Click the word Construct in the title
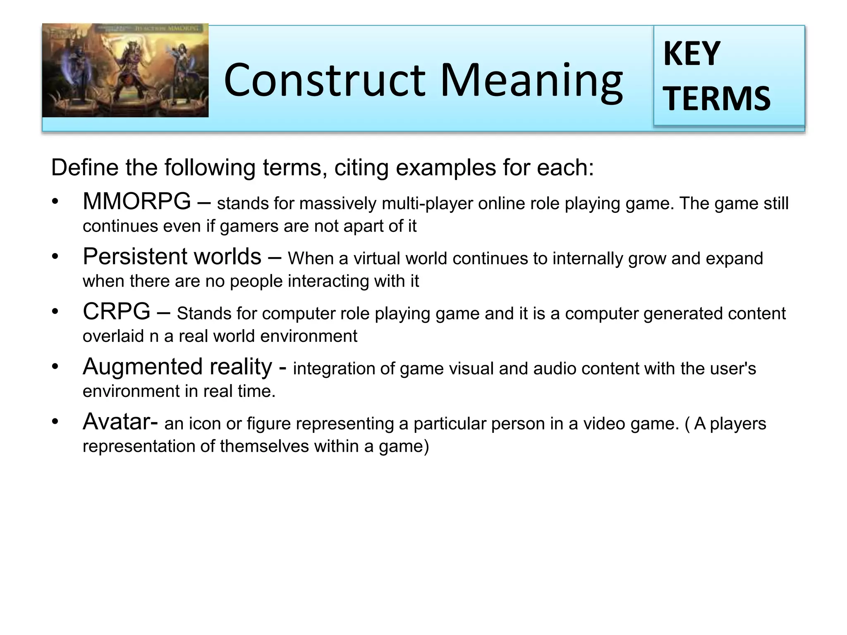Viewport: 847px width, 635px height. click(x=324, y=81)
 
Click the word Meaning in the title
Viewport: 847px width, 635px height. click(x=531, y=81)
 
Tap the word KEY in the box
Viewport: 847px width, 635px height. click(x=692, y=54)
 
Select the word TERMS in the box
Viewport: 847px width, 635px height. click(x=717, y=99)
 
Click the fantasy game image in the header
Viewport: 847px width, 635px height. click(x=125, y=71)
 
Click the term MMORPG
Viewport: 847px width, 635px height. click(x=137, y=202)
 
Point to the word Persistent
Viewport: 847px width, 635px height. click(x=130, y=257)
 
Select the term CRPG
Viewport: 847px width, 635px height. click(x=116, y=312)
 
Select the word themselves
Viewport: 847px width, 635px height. click(x=264, y=446)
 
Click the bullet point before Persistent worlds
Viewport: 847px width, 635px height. click(x=55, y=257)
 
